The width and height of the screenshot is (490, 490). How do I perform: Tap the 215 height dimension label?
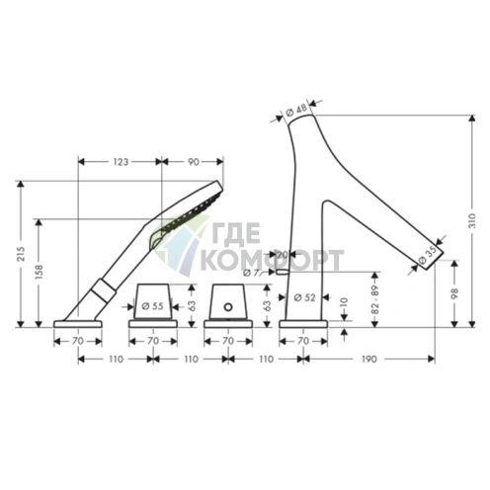pos(21,253)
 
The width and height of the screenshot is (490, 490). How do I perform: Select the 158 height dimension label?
pos(39,272)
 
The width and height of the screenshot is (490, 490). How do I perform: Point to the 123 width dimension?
pos(121,162)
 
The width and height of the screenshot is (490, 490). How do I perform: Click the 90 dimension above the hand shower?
pos(194,162)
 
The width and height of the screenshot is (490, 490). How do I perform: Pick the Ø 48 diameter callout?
pos(296,110)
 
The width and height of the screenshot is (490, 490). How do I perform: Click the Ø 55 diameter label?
pos(152,306)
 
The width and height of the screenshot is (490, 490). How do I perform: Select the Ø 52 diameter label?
pos(304,297)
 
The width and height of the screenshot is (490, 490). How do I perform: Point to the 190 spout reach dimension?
pos(368,359)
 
